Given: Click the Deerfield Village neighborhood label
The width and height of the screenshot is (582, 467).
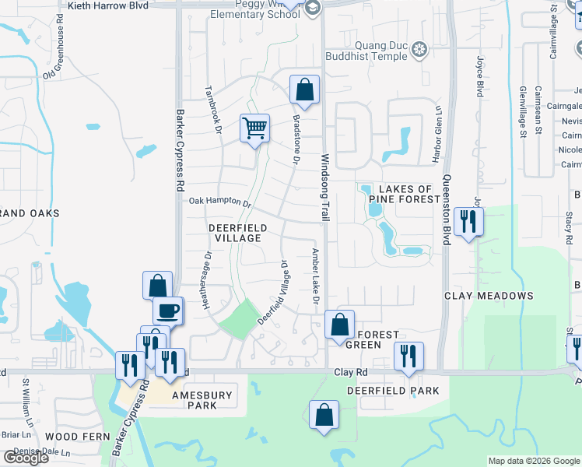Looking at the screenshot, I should coord(238,232).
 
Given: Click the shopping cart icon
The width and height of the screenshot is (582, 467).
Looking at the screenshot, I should coord(254,128).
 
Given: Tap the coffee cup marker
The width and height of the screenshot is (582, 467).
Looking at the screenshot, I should coord(168,311).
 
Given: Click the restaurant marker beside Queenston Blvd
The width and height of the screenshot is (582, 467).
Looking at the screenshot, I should coord(468,222).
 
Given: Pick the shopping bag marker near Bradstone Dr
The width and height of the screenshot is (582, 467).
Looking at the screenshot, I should coord(304,90).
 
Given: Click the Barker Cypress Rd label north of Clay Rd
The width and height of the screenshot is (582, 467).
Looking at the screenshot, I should coord(180,149).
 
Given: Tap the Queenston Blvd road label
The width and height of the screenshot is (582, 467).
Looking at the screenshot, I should coord(447,210).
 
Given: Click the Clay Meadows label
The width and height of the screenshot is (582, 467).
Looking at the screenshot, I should coord(489,296).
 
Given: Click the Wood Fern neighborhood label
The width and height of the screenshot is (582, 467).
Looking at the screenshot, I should coord(72,437).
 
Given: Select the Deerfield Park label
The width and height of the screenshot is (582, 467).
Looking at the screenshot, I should coord(393,391).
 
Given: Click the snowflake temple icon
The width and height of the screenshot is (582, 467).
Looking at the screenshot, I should coord(420,51).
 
